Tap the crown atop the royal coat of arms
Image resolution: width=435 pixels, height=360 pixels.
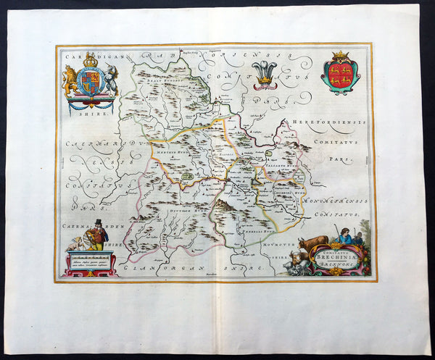tap(91, 60)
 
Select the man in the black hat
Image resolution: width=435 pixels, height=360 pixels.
tap(96, 236)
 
